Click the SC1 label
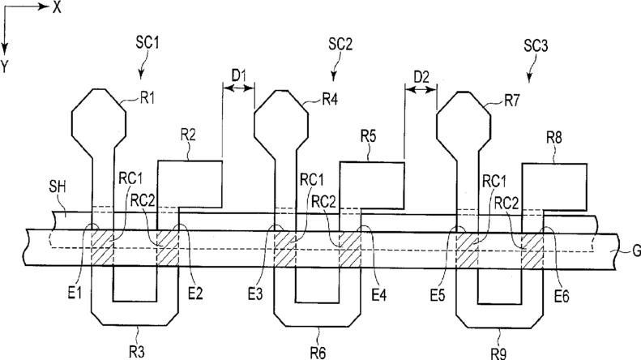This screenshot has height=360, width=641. (x=147, y=42)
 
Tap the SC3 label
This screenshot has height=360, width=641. (x=535, y=46)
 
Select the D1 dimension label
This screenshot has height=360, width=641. (x=239, y=75)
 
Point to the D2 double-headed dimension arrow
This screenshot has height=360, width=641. (x=421, y=89)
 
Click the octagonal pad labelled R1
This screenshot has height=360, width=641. (x=99, y=118)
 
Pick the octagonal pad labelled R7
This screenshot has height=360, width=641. (x=464, y=121)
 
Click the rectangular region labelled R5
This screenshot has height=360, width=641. (x=372, y=186)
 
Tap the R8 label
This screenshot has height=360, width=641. (x=554, y=139)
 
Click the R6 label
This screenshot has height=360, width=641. (x=318, y=352)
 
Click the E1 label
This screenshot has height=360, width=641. (x=75, y=294)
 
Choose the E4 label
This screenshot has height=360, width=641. (x=378, y=294)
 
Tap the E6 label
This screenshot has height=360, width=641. (x=562, y=297)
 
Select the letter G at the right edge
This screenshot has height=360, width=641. (x=636, y=251)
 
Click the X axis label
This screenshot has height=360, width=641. (x=57, y=8)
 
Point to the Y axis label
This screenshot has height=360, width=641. (x=4, y=66)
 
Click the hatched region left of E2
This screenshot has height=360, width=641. (x=168, y=248)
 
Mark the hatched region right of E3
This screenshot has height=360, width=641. (x=284, y=250)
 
